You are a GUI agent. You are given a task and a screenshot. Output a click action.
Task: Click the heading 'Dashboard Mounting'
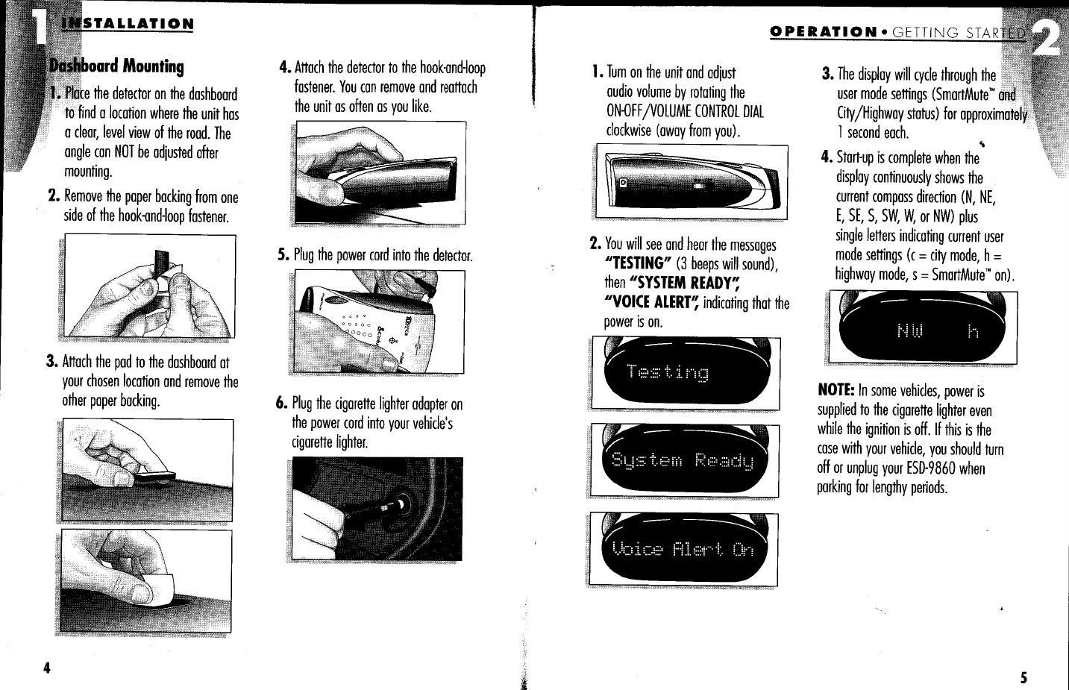pos(116,66)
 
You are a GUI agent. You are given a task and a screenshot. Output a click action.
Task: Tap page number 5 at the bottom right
pos(1023,677)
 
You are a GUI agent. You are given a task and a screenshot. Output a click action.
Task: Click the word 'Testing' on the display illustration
pos(667,372)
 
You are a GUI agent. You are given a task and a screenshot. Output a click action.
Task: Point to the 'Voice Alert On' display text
pos(682,551)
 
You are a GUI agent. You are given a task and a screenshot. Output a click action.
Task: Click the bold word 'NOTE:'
pos(836,390)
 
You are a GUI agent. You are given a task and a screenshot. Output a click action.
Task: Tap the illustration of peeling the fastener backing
pos(150,286)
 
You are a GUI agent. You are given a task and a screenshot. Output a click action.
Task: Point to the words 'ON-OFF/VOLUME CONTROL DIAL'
pos(685,112)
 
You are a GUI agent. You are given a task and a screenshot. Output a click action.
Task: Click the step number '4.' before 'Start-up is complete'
pos(827,158)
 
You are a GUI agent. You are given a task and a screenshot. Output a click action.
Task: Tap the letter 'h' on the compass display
pos(972,331)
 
